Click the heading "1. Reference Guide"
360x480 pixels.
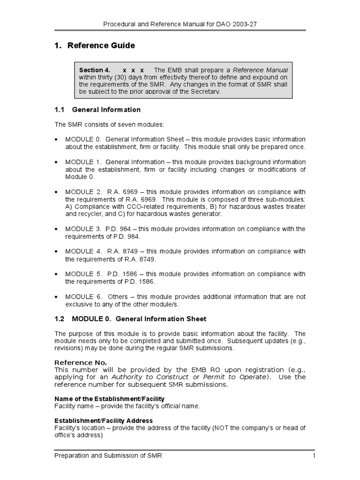[x=95, y=45]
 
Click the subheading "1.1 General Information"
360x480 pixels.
[x=97, y=110]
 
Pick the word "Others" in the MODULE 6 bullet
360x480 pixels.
[x=117, y=297]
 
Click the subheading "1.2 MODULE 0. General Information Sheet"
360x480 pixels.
[x=130, y=319]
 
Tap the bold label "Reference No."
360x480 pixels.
[x=81, y=362]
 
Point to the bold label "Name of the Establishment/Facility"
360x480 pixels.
[x=103, y=399]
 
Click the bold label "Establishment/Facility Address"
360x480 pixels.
[x=104, y=420]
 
